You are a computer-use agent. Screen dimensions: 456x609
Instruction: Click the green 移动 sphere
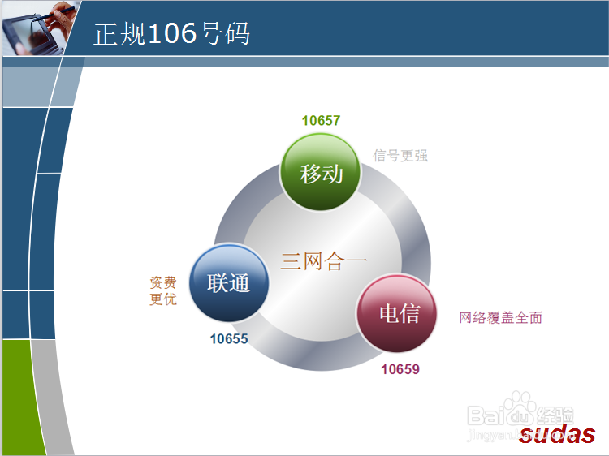point(322,172)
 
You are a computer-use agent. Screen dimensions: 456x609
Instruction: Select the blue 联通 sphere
point(228,283)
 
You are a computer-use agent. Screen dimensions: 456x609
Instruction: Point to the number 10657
point(321,121)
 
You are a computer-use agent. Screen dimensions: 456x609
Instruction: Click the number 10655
point(229,339)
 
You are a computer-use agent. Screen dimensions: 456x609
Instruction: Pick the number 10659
point(400,370)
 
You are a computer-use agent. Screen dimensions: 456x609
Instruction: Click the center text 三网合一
point(324,261)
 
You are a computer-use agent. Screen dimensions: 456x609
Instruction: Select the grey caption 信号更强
point(400,155)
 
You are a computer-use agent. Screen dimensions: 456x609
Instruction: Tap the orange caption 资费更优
point(162,290)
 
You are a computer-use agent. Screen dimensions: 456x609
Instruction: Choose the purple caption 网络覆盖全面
point(500,317)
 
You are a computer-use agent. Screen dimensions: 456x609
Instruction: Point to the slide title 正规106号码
point(171,34)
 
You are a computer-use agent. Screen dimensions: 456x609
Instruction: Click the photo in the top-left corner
point(37,28)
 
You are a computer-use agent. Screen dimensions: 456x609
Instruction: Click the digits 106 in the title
point(173,34)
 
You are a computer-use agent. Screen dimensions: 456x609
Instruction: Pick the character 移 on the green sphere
point(311,173)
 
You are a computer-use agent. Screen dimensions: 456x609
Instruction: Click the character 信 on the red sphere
point(410,314)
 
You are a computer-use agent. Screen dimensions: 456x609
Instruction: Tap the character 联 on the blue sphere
point(218,284)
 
